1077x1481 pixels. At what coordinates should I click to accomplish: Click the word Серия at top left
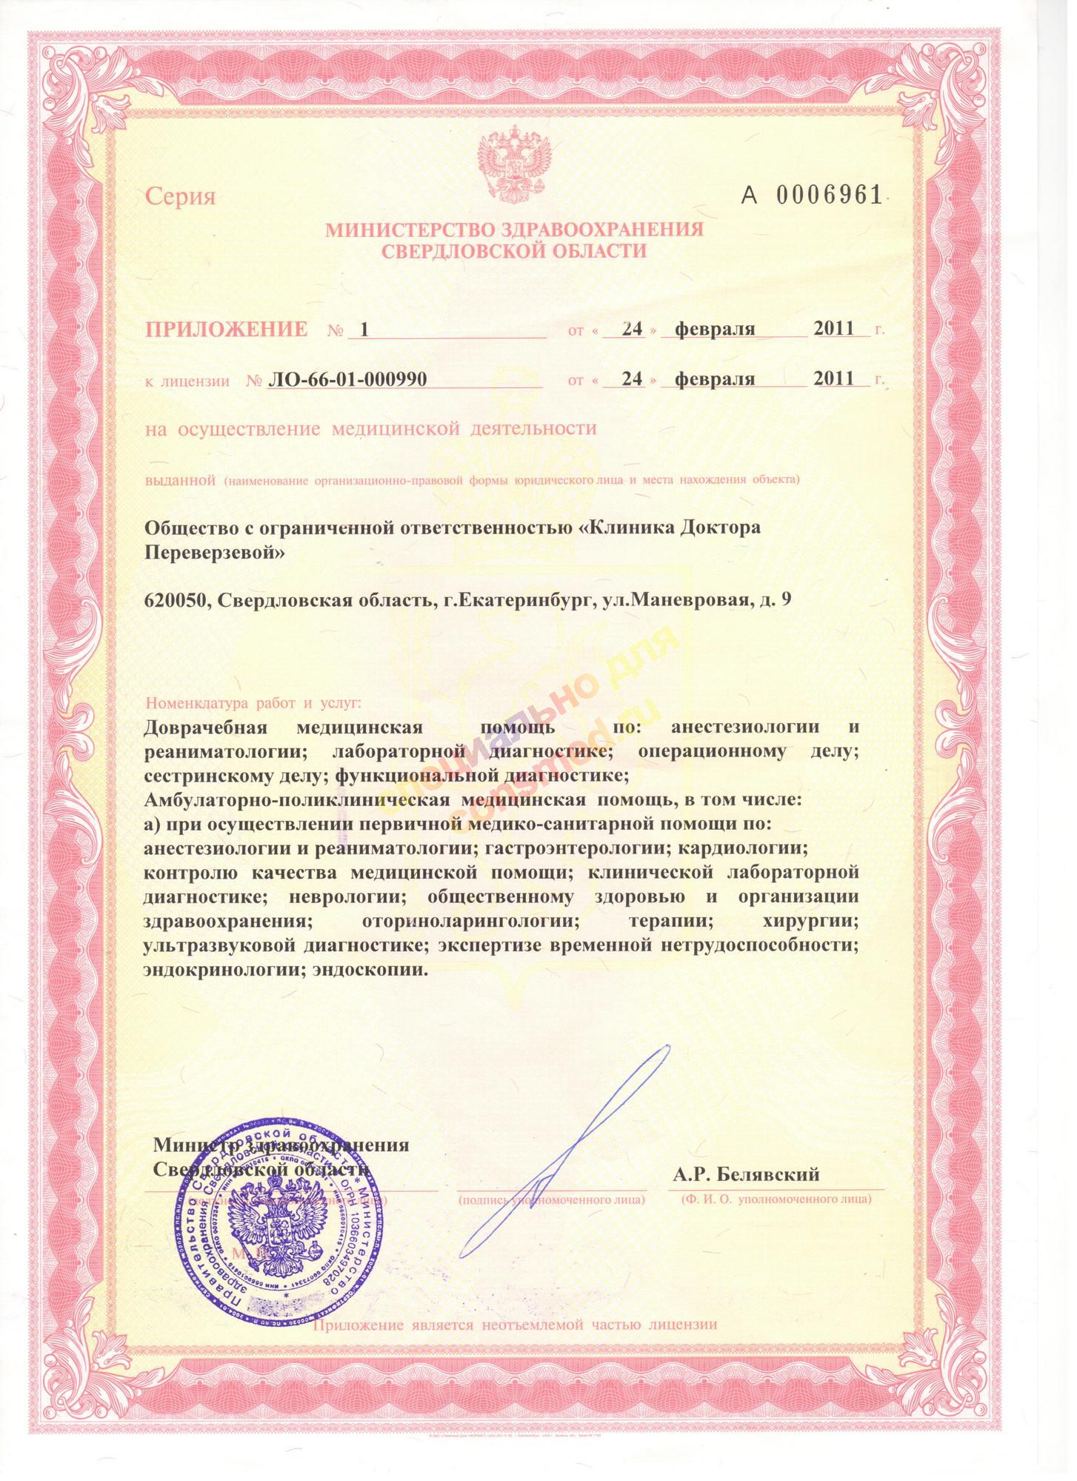pyautogui.click(x=180, y=197)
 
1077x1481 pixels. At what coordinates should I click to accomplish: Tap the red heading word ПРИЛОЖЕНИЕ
pyautogui.click(x=226, y=329)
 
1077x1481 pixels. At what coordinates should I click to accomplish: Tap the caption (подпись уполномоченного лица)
pyautogui.click(x=552, y=1198)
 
